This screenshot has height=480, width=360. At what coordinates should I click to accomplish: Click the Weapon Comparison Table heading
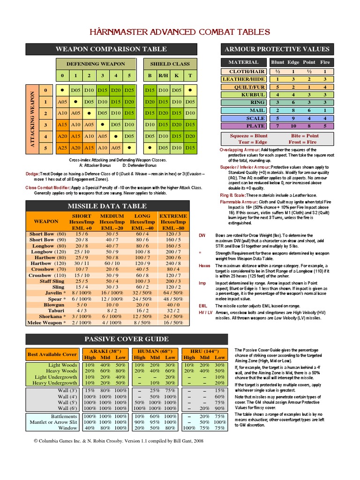(111, 49)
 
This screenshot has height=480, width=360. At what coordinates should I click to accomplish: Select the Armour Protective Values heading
(277, 49)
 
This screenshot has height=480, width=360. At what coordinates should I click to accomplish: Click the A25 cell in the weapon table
(63, 148)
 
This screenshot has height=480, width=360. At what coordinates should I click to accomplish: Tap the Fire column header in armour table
(325, 62)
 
